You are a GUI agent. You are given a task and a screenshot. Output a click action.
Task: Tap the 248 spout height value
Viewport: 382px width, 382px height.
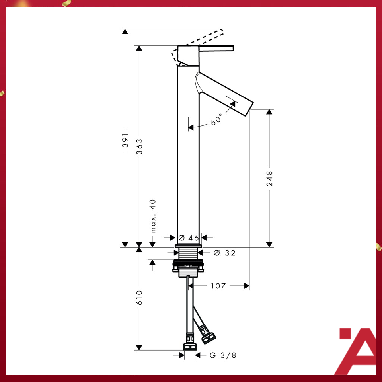tap(269, 178)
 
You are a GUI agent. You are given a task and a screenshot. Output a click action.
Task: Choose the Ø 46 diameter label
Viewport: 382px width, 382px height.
tap(188, 238)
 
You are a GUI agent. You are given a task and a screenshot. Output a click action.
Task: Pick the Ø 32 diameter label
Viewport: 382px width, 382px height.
tap(224, 253)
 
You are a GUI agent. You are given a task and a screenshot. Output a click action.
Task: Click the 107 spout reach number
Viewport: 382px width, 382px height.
tap(218, 286)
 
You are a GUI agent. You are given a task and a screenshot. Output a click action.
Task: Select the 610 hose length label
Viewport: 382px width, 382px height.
tap(139, 298)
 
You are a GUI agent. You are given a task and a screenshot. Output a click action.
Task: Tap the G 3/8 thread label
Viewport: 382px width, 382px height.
tap(223, 355)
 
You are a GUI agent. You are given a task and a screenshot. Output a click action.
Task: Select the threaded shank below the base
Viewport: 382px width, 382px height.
tap(189, 254)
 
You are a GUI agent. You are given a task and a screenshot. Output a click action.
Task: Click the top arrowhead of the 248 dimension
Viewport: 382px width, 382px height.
tap(269, 112)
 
